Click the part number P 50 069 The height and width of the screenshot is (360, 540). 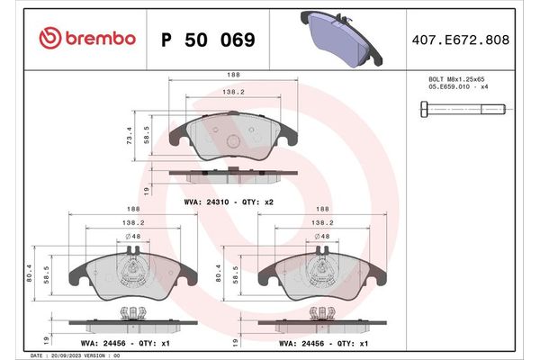(207, 40)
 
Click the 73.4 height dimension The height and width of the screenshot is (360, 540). (130, 136)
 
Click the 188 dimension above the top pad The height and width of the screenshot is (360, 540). (234, 76)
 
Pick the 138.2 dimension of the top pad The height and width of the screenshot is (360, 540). (234, 92)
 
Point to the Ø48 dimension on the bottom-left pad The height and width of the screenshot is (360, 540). (132, 237)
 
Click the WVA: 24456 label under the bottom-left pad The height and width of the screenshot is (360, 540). (130, 342)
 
